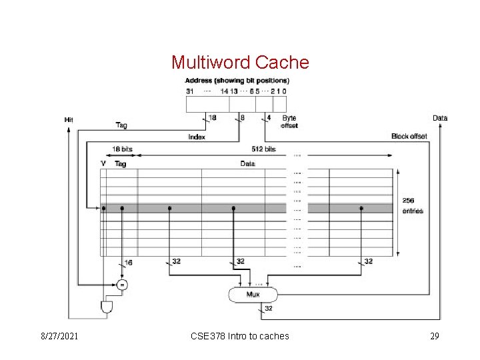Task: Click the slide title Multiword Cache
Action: click(x=240, y=63)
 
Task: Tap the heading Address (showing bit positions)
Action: click(x=237, y=81)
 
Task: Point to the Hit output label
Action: click(x=69, y=119)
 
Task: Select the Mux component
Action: click(x=253, y=293)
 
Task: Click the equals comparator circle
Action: click(x=121, y=285)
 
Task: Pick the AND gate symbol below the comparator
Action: click(x=106, y=307)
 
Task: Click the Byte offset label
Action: click(x=289, y=121)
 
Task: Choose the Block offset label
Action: click(x=409, y=136)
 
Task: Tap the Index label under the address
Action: click(x=197, y=137)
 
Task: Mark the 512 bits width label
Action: click(x=264, y=149)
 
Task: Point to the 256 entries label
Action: click(x=413, y=205)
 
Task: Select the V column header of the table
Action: click(x=103, y=163)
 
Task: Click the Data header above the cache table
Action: click(x=248, y=163)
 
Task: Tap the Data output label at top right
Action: click(x=440, y=118)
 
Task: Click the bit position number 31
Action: click(x=189, y=91)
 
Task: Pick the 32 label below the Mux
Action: click(x=269, y=308)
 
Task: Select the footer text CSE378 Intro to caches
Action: click(x=240, y=336)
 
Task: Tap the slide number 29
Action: click(x=434, y=336)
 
